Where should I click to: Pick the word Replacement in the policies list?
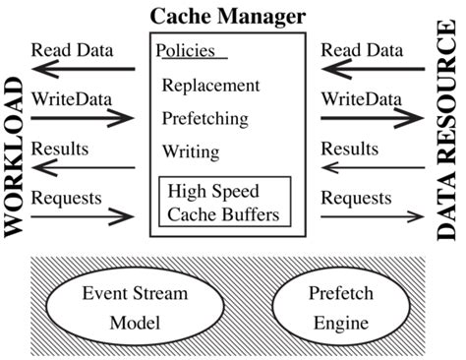coord(212,86)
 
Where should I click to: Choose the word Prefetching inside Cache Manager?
coord(209,118)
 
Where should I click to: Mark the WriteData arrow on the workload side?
coord(83,119)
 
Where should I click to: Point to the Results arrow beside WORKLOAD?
coord(83,167)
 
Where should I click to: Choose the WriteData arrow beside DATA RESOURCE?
coord(371,119)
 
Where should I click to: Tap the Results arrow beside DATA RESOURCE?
coord(371,167)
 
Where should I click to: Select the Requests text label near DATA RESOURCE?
coord(356,198)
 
